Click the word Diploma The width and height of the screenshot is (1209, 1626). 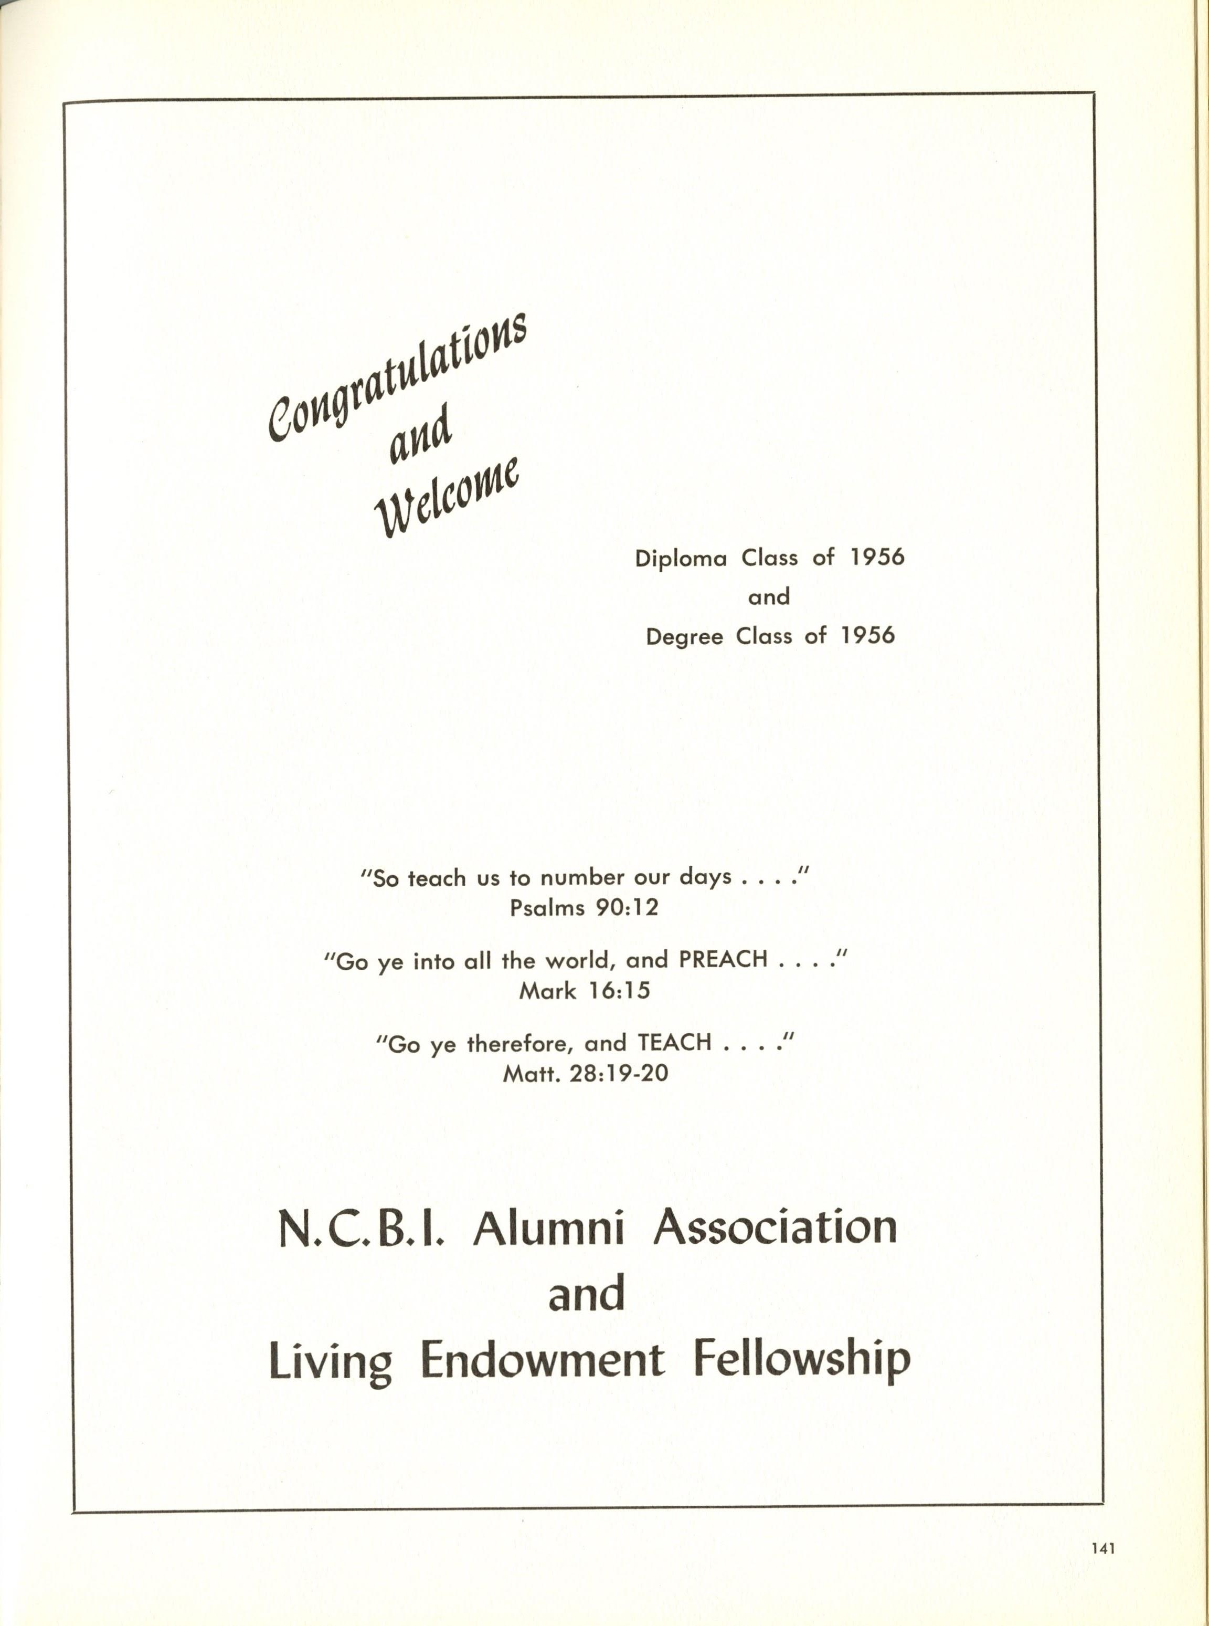pos(681,559)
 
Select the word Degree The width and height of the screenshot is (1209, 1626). pos(684,637)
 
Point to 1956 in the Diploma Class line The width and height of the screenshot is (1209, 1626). pos(877,558)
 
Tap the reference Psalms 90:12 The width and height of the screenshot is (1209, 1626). pos(584,908)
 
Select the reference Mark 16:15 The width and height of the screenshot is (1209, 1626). pos(584,991)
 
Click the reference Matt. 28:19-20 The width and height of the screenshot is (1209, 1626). pos(586,1074)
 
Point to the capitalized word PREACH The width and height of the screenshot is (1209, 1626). pos(723,959)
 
